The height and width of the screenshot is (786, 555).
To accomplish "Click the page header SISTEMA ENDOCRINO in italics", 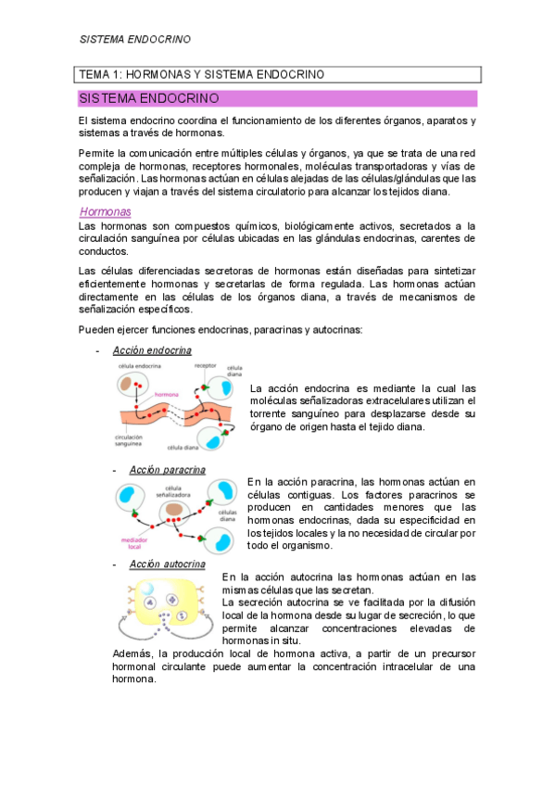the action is pyautogui.click(x=134, y=40).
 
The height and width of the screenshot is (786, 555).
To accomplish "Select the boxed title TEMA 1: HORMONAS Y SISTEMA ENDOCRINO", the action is pyautogui.click(x=201, y=74).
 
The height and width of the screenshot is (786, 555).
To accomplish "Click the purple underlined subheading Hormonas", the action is pyautogui.click(x=105, y=211).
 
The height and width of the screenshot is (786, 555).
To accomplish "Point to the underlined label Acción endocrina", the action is pyautogui.click(x=152, y=350).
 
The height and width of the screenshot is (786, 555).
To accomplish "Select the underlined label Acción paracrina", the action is pyautogui.click(x=167, y=470).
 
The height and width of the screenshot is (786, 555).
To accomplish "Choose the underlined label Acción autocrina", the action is pyautogui.click(x=167, y=564).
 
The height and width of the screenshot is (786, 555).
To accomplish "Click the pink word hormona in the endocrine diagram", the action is pyautogui.click(x=167, y=394).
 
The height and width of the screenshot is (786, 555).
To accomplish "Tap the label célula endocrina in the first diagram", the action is pyautogui.click(x=137, y=366).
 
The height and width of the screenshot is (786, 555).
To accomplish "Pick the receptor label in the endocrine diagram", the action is pyautogui.click(x=205, y=366).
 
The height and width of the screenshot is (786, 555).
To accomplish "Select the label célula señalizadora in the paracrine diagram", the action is pyautogui.click(x=172, y=491).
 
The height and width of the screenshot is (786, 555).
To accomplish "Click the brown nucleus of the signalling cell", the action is pyautogui.click(x=173, y=509).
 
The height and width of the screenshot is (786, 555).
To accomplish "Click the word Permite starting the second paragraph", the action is pyautogui.click(x=98, y=151).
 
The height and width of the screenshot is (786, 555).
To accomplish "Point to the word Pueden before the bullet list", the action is pyautogui.click(x=98, y=329).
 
